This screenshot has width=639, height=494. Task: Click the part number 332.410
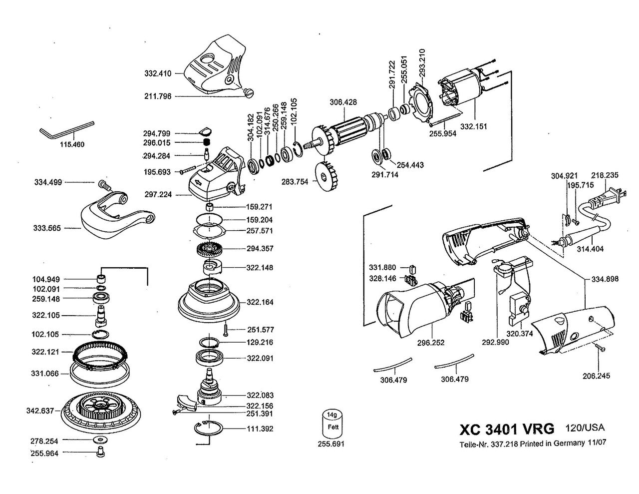[158, 73]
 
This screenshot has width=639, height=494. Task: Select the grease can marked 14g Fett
[330, 424]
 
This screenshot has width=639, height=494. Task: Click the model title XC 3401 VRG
[506, 429]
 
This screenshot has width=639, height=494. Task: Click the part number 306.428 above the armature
[343, 103]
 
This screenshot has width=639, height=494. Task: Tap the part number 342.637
[40, 411]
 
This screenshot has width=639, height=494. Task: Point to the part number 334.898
[605, 279]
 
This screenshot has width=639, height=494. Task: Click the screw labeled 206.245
[600, 348]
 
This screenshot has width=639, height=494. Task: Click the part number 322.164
[260, 302]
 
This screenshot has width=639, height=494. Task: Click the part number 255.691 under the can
[331, 443]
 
